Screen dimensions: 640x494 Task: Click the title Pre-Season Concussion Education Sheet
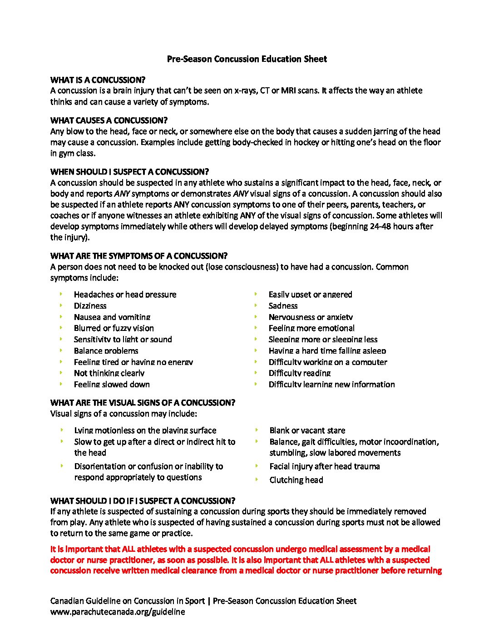pyautogui.click(x=247, y=59)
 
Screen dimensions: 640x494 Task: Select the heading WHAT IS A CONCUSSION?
pyautogui.click(x=98, y=80)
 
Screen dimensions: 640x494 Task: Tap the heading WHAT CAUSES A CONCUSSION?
pyautogui.click(x=109, y=120)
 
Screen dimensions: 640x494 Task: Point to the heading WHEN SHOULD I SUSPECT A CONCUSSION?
pyautogui.click(x=129, y=172)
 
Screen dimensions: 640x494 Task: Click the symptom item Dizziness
pyautogui.click(x=90, y=306)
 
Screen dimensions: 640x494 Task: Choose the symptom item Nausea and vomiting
pyautogui.click(x=112, y=317)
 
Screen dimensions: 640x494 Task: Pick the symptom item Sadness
pyautogui.click(x=283, y=306)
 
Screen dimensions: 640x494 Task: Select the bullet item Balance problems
pyautogui.click(x=106, y=351)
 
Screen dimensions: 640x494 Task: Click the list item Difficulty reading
pyautogui.click(x=299, y=373)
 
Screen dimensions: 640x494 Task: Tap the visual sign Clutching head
pyautogui.click(x=296, y=480)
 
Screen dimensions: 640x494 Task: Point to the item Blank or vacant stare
pyautogui.click(x=307, y=430)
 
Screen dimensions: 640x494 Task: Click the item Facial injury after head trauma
pyautogui.click(x=324, y=466)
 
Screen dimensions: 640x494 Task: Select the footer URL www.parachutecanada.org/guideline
pyautogui.click(x=118, y=612)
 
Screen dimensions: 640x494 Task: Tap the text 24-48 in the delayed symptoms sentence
pyautogui.click(x=380, y=226)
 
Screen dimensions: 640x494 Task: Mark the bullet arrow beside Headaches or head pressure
pyautogui.click(x=61, y=294)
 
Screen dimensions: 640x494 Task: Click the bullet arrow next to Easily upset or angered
pyautogui.click(x=256, y=294)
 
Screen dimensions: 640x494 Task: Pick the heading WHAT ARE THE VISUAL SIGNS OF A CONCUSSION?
pyautogui.click(x=143, y=403)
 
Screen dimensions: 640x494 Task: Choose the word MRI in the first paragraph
pyautogui.click(x=289, y=90)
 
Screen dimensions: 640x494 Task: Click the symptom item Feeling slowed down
pyautogui.click(x=112, y=385)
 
